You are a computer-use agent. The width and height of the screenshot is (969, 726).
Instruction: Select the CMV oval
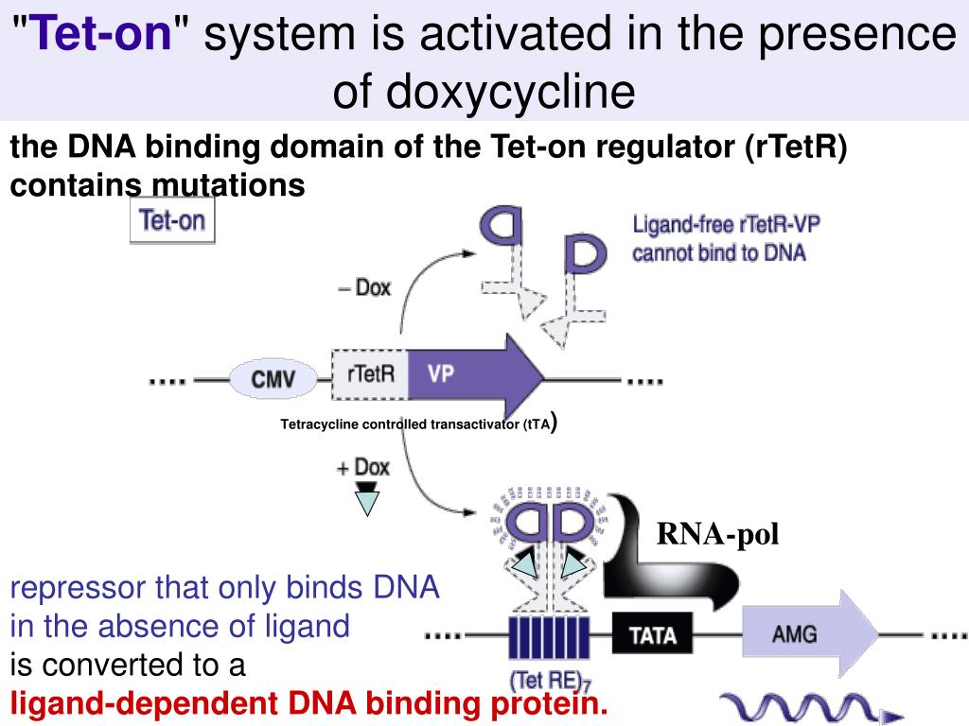273,381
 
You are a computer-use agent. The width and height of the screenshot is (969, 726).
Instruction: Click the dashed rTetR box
369,374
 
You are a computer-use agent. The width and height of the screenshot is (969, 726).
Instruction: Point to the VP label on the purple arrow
440,374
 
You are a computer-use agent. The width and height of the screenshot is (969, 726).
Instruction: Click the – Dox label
363,287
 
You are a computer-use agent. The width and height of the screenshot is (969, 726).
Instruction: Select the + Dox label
362,467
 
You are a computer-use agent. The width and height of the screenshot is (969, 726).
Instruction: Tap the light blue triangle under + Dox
365,501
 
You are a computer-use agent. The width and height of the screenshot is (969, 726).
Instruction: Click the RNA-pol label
718,536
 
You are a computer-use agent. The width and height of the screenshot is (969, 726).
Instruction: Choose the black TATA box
653,633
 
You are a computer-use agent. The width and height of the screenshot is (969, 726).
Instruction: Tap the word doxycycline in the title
484,93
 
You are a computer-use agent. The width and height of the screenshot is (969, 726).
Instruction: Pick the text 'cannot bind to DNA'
719,253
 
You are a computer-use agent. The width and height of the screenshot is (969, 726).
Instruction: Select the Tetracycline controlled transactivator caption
414,424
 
